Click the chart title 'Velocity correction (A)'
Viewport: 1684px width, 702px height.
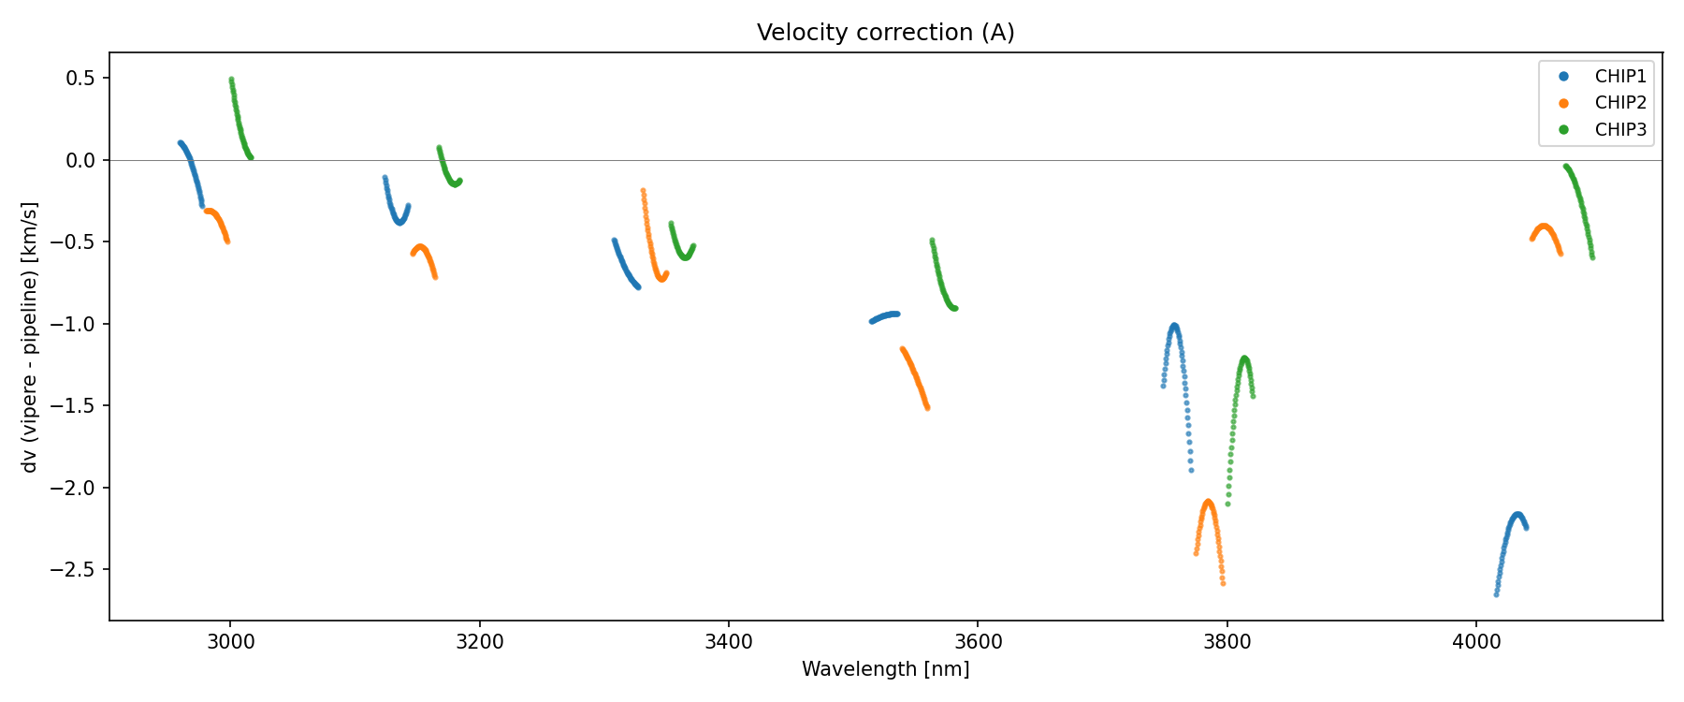point(885,33)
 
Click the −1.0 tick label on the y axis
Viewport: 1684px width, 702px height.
point(77,324)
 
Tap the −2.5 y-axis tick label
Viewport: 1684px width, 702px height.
point(77,570)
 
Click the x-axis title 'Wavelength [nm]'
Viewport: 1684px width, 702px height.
point(885,669)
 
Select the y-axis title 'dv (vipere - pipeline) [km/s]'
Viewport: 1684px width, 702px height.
point(31,337)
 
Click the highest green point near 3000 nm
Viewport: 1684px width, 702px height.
point(231,80)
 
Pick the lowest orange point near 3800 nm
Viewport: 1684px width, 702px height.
point(1223,583)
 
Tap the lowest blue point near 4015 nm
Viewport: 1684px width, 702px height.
point(1496,594)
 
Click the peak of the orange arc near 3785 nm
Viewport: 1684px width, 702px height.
point(1208,502)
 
